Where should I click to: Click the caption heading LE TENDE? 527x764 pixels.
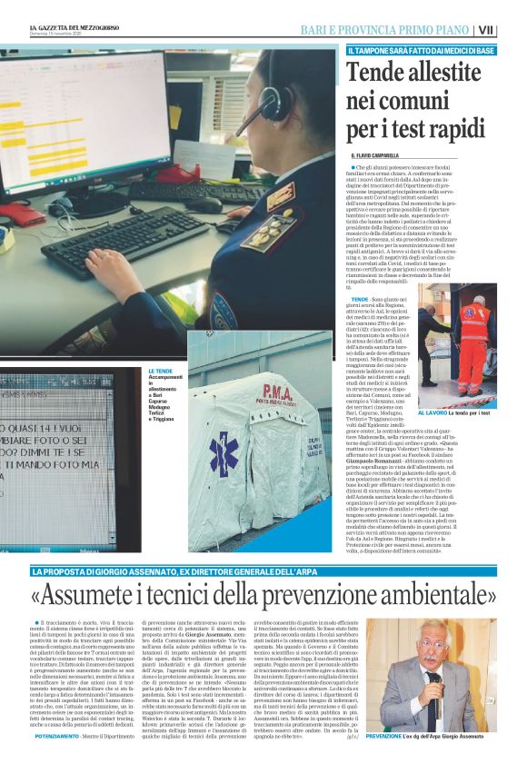[x=160, y=372]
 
